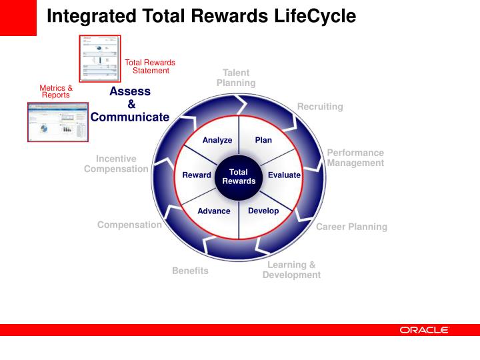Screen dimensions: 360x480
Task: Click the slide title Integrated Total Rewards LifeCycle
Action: tap(201, 15)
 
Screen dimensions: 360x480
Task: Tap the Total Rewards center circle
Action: tap(239, 177)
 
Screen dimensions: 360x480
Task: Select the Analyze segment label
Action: tap(217, 140)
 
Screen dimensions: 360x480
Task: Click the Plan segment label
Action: tap(263, 140)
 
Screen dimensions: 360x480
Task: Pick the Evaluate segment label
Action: tap(284, 175)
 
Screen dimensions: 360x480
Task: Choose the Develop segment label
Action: tap(263, 211)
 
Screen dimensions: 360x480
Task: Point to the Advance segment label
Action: tap(214, 211)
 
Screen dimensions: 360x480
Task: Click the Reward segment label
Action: tap(197, 175)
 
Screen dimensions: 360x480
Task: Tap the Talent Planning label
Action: tap(236, 78)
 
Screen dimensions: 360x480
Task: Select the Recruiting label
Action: tap(320, 107)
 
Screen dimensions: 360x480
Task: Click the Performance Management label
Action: tap(355, 158)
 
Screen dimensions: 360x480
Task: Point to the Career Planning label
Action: tap(351, 227)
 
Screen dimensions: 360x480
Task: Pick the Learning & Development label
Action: tap(291, 270)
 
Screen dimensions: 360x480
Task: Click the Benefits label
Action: tap(190, 271)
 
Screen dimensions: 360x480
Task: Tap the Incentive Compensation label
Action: tap(116, 164)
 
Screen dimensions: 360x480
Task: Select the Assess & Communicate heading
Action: tap(130, 104)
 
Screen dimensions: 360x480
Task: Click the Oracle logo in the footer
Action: tap(424, 330)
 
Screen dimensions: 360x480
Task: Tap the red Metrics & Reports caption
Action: tap(56, 91)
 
